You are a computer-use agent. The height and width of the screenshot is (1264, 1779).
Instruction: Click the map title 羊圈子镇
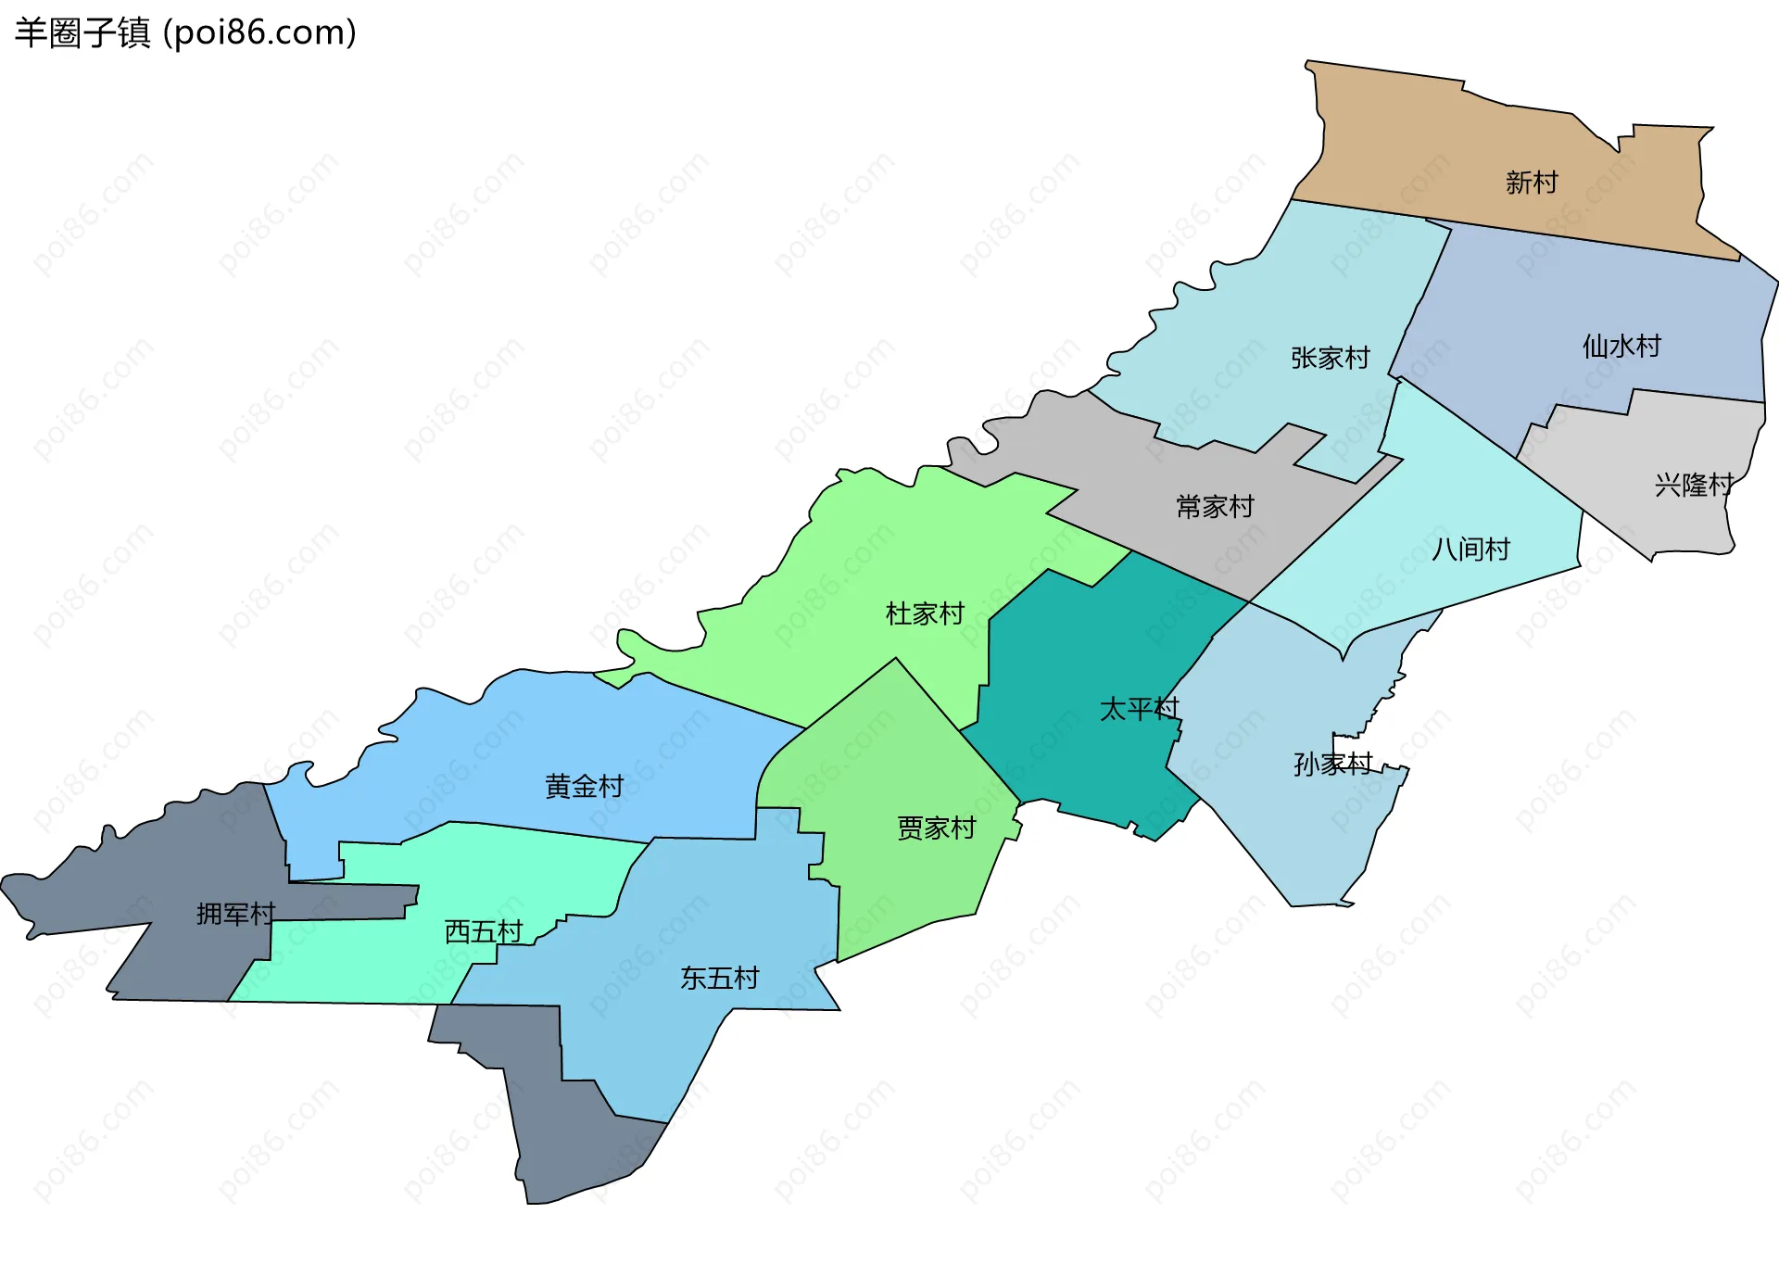click(82, 32)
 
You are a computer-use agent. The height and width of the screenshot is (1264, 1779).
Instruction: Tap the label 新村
click(1532, 182)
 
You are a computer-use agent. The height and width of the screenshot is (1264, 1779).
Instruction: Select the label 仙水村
click(1621, 346)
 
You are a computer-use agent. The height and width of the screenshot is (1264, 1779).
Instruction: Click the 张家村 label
click(1330, 358)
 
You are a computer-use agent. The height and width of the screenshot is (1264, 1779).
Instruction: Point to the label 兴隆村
click(1694, 485)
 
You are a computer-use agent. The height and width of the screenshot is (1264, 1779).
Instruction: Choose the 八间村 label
click(1470, 550)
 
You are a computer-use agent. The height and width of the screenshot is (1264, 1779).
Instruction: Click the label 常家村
click(1215, 507)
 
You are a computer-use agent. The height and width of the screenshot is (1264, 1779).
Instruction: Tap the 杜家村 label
click(925, 613)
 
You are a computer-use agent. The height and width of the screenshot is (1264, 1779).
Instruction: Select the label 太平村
click(1139, 709)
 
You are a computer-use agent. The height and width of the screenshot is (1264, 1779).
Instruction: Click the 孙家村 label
click(1332, 765)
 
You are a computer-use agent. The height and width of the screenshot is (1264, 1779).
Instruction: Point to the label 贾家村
click(936, 828)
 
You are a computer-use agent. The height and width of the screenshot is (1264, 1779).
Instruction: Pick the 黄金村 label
click(584, 787)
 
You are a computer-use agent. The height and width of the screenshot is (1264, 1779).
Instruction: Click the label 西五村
click(484, 931)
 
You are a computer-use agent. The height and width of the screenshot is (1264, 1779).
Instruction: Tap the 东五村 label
click(719, 978)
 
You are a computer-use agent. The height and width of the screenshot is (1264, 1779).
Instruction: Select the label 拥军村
click(235, 915)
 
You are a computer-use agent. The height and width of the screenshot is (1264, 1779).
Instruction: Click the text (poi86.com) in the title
click(259, 32)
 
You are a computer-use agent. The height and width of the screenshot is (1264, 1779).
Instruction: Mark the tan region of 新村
click(1445, 148)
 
